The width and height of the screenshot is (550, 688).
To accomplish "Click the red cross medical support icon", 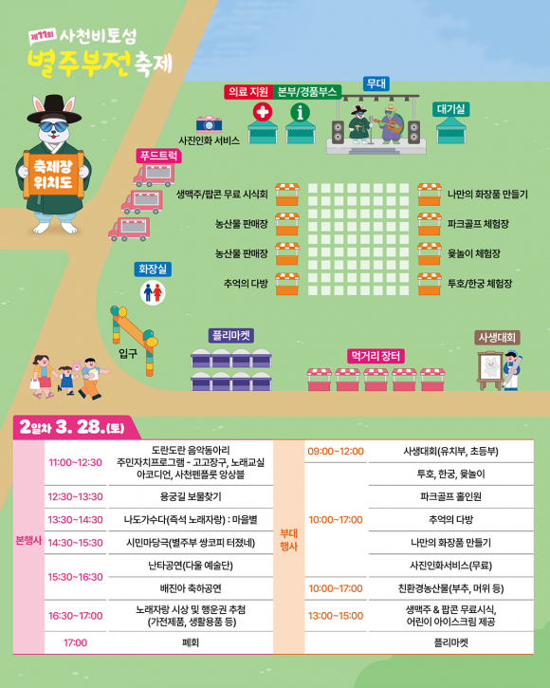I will point(261,113).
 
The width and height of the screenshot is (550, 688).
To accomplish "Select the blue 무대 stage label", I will point(376,84).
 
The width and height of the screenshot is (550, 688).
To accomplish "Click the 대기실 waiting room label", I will point(451,109).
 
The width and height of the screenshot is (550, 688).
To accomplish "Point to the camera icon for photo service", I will point(209,123).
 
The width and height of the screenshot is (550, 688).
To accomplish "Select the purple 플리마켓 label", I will point(231,335).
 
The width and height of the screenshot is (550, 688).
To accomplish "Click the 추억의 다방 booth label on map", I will point(246,283).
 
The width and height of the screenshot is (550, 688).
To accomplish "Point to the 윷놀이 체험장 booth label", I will point(474,253).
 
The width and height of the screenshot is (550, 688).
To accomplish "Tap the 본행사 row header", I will point(29,541).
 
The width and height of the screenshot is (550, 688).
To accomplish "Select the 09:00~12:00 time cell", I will point(336,451).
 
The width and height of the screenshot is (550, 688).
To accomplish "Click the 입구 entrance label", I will point(128,352).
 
